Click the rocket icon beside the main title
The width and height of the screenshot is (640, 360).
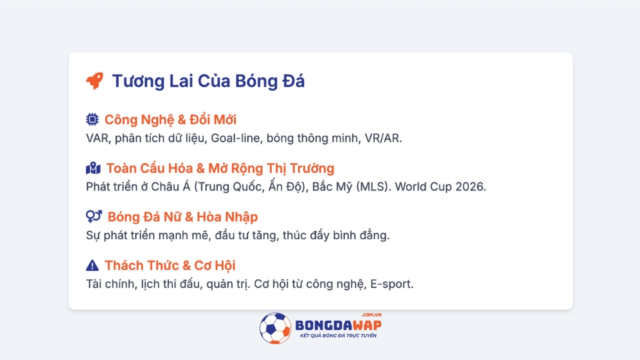(x=95, y=81)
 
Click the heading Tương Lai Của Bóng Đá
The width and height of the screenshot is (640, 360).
(x=208, y=81)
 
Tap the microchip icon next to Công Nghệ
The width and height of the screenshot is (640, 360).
(x=92, y=119)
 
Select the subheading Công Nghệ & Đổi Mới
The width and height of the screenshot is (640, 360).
(x=170, y=119)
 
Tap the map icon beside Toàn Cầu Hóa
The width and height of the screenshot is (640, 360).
(x=93, y=168)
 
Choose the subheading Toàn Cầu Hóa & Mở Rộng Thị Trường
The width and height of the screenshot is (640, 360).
(x=221, y=168)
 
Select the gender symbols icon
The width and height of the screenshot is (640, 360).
(x=94, y=216)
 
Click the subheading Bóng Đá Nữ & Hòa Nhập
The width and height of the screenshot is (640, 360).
(x=183, y=217)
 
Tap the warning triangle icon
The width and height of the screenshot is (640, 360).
(x=92, y=265)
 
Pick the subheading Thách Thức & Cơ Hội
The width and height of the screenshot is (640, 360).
(x=170, y=265)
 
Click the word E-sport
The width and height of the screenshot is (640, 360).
(x=392, y=284)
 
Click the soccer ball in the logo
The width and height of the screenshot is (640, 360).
(x=275, y=328)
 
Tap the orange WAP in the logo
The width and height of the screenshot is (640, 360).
(x=367, y=325)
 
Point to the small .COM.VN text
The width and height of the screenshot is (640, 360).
(x=371, y=315)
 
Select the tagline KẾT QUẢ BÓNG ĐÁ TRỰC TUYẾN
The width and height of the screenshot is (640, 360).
(x=338, y=335)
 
